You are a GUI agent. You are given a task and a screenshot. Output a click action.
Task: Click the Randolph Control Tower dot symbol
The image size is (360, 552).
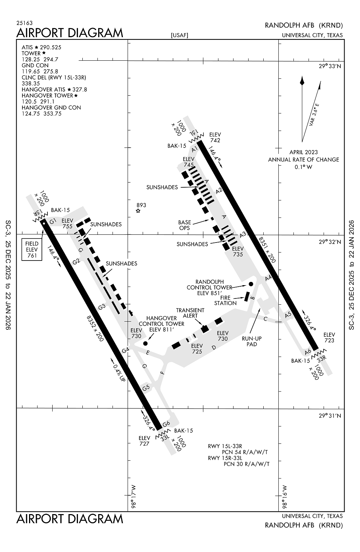click(251, 284)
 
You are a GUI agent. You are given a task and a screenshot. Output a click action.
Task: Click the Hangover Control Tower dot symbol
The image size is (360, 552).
click(145, 343)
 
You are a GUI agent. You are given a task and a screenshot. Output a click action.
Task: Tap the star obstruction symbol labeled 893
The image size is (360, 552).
click(138, 211)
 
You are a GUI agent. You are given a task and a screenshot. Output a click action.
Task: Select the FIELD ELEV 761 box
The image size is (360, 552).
click(32, 250)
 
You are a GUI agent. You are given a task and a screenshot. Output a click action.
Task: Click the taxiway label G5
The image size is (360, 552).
click(146, 387)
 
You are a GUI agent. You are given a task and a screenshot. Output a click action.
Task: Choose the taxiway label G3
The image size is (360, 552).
click(102, 307)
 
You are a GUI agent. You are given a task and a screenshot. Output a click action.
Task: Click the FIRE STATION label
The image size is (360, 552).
click(225, 300)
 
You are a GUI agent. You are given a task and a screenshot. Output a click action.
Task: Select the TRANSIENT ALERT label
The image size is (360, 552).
click(190, 313)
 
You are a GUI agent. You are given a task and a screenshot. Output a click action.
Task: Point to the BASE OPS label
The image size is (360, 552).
click(185, 225)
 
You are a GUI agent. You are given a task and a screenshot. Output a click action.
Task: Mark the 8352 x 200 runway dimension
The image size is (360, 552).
click(95, 328)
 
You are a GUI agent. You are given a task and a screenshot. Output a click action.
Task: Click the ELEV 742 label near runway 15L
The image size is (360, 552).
click(215, 137)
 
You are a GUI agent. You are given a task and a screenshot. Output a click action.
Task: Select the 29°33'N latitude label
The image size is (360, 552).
click(330, 66)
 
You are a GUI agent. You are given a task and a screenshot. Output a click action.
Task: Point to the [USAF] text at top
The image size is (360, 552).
click(179, 35)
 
